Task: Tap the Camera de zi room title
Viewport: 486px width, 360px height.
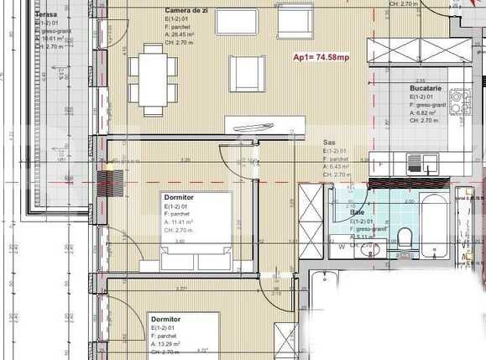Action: [x=187, y=8]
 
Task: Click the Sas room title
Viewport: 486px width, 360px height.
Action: [x=330, y=143]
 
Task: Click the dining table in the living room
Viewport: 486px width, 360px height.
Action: [x=154, y=80]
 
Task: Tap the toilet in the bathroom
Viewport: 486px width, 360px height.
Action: [x=405, y=237]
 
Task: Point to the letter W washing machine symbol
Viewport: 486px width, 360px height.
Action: [x=342, y=247]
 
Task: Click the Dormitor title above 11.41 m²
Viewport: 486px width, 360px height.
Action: [x=178, y=198]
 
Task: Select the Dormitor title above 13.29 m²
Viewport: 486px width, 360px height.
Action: [x=166, y=320]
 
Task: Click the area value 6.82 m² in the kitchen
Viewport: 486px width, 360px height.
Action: [x=426, y=112]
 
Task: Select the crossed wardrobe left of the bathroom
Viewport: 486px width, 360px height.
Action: [x=310, y=215]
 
